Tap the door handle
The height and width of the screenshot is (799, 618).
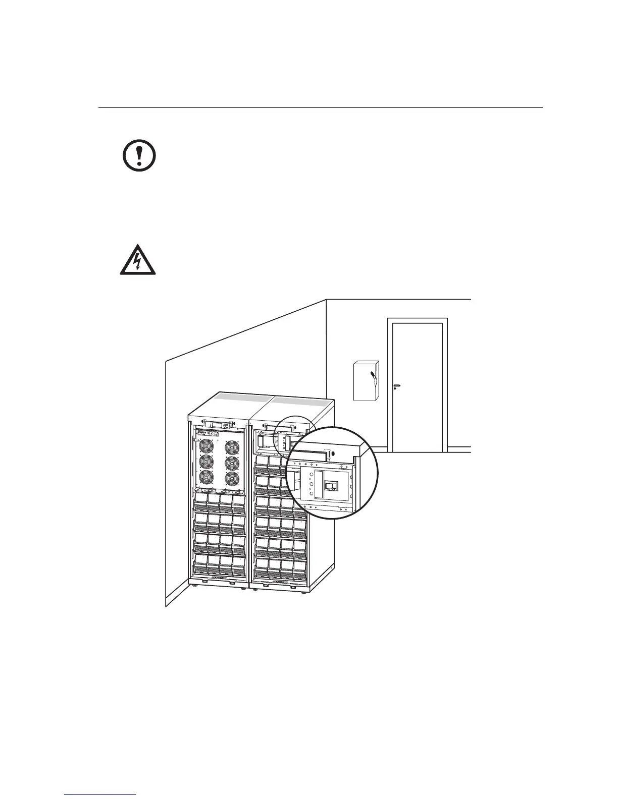(396, 385)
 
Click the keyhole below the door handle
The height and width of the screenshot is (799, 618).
(394, 389)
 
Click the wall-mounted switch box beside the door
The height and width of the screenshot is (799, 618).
(366, 381)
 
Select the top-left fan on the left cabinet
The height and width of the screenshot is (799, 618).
(207, 447)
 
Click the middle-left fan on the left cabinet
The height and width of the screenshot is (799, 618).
(207, 462)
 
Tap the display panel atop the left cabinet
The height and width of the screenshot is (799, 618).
(217, 425)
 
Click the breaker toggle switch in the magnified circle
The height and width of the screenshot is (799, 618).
(331, 486)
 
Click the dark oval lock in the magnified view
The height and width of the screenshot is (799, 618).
(329, 455)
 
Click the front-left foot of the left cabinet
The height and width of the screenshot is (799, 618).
(195, 585)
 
